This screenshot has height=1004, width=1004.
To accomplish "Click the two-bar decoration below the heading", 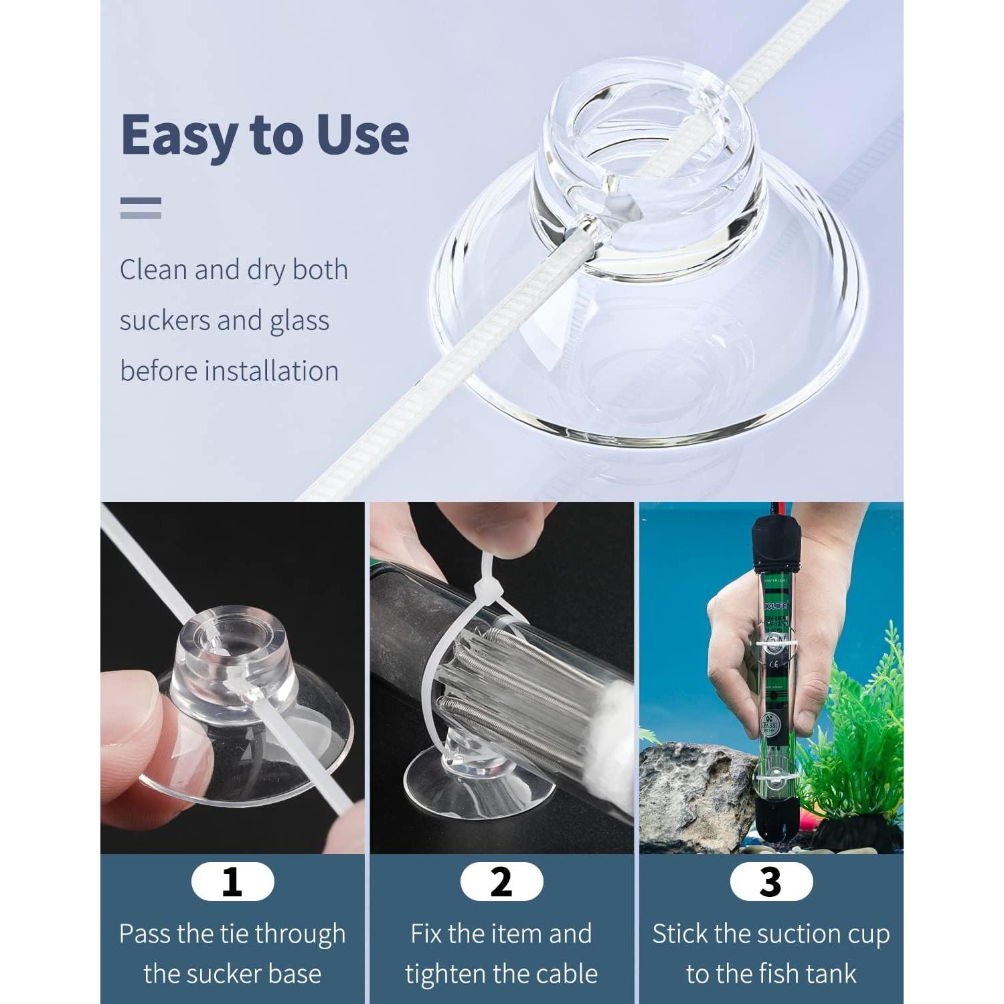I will coord(141,207).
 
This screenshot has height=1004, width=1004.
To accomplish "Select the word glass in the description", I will coord(299,321).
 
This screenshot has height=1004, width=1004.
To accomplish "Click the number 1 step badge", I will coord(232,882).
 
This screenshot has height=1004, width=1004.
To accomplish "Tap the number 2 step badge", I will coord(501,882).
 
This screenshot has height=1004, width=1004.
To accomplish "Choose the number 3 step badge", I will coord(771,882).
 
